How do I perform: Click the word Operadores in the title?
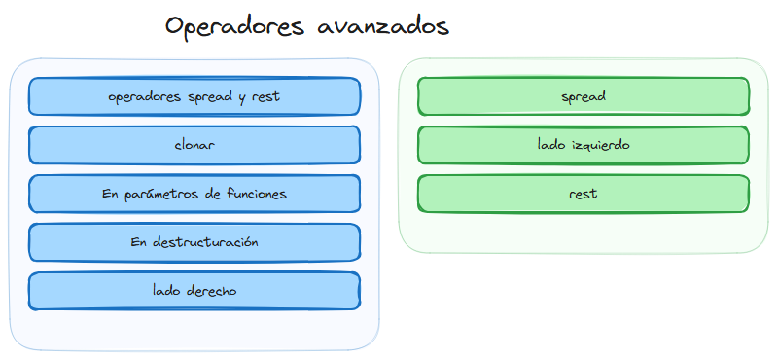point(236,27)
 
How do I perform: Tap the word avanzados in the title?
point(383,27)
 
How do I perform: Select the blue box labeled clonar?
point(194,145)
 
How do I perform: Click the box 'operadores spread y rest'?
point(194,96)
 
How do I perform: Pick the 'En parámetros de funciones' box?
point(194,194)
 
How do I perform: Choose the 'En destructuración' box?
point(194,242)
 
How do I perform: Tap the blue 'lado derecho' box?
point(194,291)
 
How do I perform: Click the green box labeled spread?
point(583,96)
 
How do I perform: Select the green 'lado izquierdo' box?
point(583,145)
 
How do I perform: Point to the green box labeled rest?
point(583,194)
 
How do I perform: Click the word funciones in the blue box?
point(253,194)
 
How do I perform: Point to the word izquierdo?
point(601,145)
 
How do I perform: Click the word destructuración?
point(205,242)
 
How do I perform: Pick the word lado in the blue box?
point(166,291)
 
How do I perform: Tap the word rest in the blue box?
point(265,96)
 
